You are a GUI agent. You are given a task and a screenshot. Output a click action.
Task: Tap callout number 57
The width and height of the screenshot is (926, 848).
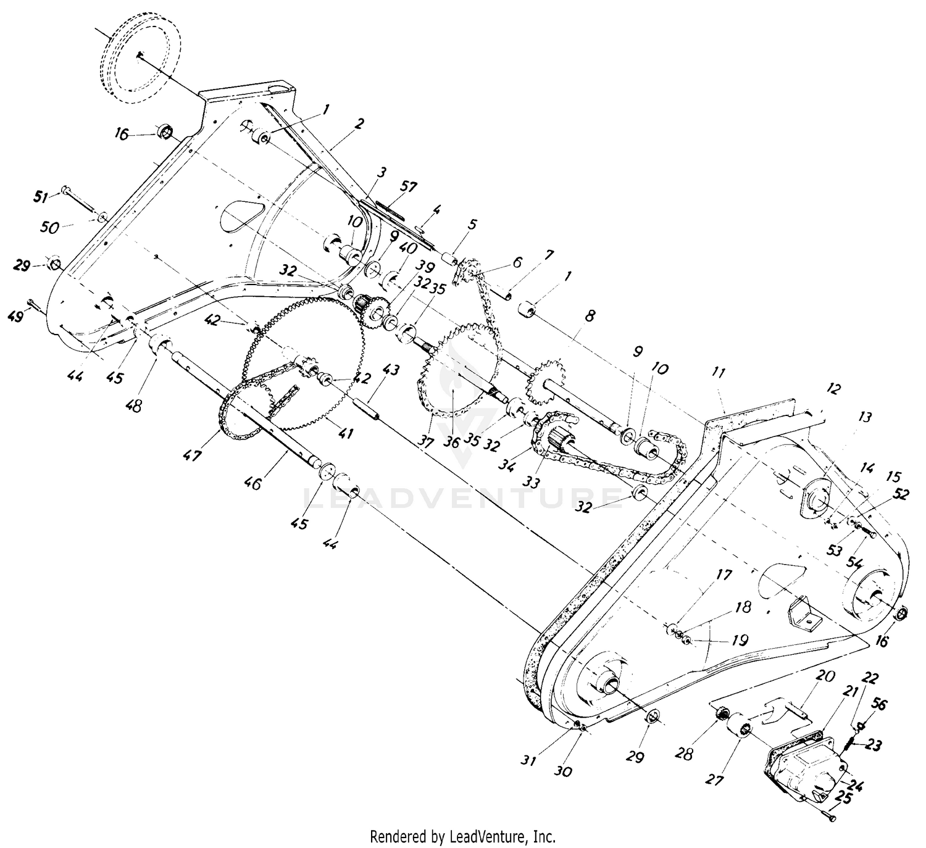(408, 188)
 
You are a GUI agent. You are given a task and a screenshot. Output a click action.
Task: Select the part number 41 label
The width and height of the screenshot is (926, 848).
(345, 433)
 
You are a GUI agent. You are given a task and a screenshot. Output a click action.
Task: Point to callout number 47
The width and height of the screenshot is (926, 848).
(192, 455)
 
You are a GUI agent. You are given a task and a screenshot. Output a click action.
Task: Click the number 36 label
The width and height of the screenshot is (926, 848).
(451, 443)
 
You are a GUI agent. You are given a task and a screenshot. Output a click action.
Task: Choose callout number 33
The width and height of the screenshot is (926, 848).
(532, 483)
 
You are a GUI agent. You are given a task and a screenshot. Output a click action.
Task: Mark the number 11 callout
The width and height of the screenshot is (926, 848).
(719, 373)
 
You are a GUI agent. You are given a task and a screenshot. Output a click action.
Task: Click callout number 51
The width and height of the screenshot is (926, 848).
(41, 197)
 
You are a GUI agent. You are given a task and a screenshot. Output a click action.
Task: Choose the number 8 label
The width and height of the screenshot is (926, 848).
(590, 316)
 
